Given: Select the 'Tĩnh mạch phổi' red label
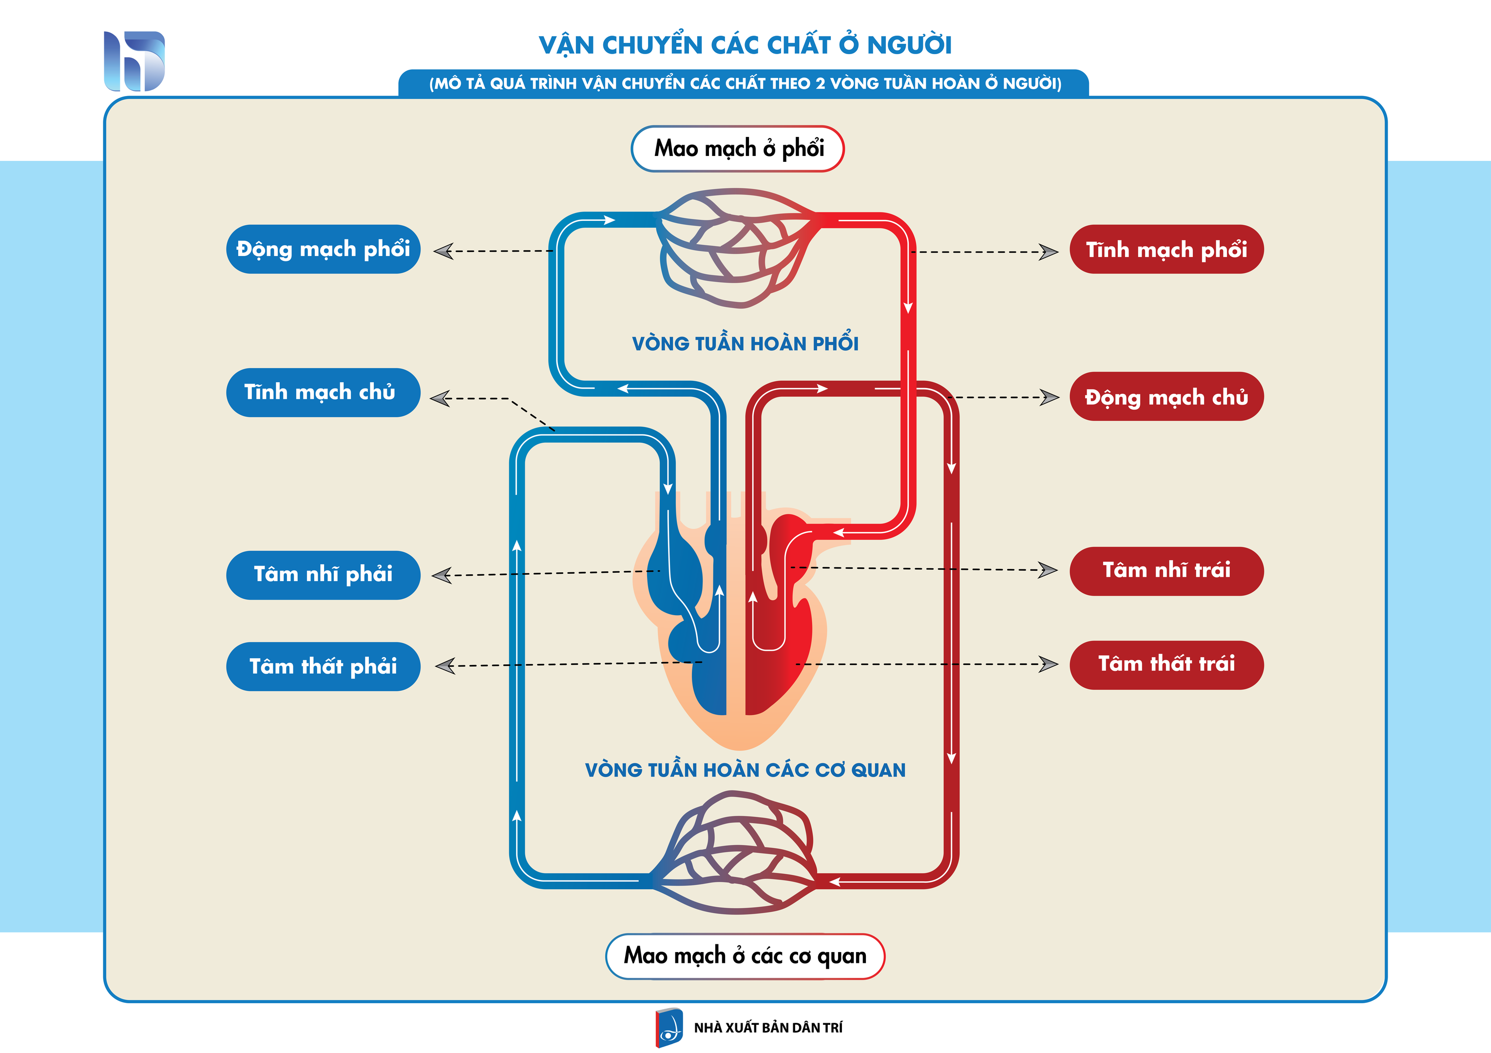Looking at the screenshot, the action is [1166, 250].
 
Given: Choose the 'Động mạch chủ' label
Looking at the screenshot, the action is [1166, 396].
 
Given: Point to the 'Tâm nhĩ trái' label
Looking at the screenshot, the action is [1166, 571].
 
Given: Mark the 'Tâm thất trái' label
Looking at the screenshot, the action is [1166, 664].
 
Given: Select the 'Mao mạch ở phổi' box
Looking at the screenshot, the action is [738, 149].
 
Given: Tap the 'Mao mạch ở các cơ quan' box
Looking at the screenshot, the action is [745, 956].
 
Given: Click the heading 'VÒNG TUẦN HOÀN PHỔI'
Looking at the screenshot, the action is [745, 343].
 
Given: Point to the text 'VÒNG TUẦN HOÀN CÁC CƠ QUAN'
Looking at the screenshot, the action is [745, 770].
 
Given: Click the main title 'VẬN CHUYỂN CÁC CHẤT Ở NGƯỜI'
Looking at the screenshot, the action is [745, 44].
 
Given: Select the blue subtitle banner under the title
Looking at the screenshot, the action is [744, 83].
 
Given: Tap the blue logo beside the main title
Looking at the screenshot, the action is [134, 61].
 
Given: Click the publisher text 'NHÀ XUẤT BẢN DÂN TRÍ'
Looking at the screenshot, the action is [768, 1028].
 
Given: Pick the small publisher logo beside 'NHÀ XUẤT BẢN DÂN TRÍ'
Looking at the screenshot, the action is [669, 1028].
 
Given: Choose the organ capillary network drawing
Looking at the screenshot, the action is [734, 852].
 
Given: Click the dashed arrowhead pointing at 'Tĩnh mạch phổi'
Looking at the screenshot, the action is [1048, 252].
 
